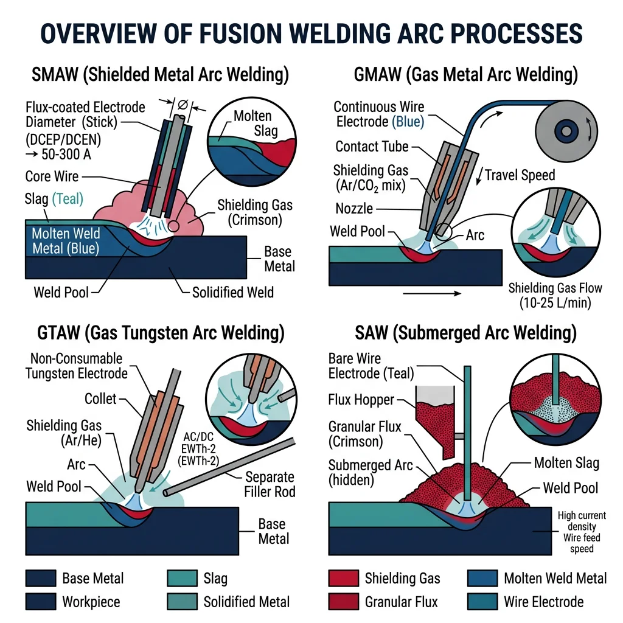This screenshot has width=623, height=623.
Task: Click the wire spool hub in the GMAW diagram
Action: (569, 130)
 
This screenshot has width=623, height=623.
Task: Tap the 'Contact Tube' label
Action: (372, 147)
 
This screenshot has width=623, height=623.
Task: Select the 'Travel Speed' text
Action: (520, 176)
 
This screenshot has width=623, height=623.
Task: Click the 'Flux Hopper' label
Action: (361, 400)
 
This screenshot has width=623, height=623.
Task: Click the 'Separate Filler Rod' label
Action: (270, 485)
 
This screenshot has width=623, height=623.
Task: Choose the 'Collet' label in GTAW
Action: (100, 399)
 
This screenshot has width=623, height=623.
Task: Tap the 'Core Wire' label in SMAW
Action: (52, 176)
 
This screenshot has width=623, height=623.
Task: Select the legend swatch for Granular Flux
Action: (343, 602)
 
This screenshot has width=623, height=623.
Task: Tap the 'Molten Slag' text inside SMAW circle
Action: (252, 124)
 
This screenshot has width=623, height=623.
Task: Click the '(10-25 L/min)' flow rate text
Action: (550, 302)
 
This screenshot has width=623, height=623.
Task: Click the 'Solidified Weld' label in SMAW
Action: (232, 292)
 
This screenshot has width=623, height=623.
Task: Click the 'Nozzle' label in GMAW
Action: (354, 209)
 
